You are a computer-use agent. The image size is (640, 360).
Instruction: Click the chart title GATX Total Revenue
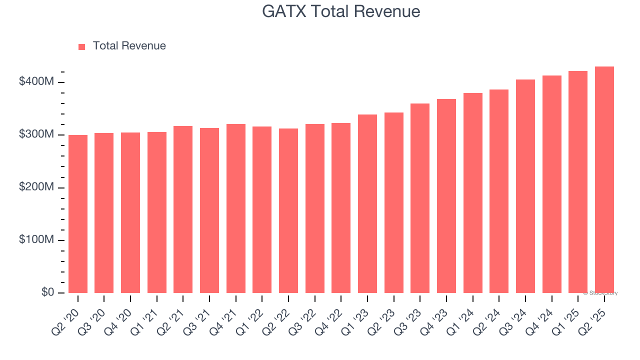(341, 11)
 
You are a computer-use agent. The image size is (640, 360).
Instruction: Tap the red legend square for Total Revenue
(82, 46)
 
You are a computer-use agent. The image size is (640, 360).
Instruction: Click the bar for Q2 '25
(604, 180)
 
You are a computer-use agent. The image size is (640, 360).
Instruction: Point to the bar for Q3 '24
(525, 186)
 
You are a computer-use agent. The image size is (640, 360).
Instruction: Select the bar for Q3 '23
(420, 198)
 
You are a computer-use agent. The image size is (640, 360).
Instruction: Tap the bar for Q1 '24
(473, 193)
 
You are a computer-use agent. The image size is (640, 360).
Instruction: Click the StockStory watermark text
(600, 293)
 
